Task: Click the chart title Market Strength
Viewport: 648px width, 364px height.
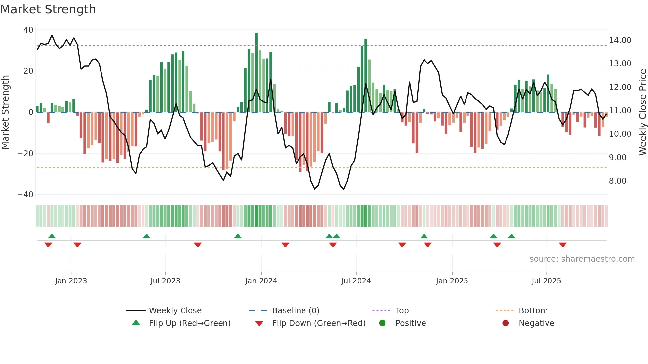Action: pos(48,9)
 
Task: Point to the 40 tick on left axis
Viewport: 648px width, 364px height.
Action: pos(28,30)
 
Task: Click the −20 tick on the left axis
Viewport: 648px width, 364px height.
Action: pos(25,154)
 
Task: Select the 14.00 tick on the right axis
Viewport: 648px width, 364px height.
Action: pos(620,40)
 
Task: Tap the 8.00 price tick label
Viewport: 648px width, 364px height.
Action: pos(617,181)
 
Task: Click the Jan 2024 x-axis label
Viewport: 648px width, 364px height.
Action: pos(261,281)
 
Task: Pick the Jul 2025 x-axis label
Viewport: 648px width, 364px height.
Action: pos(546,281)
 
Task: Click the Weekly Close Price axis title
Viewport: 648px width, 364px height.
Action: pos(642,112)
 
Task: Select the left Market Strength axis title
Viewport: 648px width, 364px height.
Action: pos(6,112)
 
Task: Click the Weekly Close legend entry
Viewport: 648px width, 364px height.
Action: pos(175,311)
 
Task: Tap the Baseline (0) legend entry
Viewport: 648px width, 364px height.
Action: pos(296,311)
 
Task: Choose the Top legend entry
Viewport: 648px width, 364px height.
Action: pos(402,311)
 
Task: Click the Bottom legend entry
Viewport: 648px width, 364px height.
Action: pos(533,311)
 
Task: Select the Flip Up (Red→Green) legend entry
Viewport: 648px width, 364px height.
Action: pos(189,323)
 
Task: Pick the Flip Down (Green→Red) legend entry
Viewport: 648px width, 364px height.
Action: pos(319,323)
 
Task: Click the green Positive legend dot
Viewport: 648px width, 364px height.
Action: pos(382,323)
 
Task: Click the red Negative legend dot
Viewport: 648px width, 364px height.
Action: pos(506,323)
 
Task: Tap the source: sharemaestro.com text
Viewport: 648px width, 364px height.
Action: pos(582,259)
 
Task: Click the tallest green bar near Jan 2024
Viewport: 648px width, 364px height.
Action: pos(256,73)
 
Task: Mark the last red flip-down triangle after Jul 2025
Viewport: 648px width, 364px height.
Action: pos(563,245)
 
